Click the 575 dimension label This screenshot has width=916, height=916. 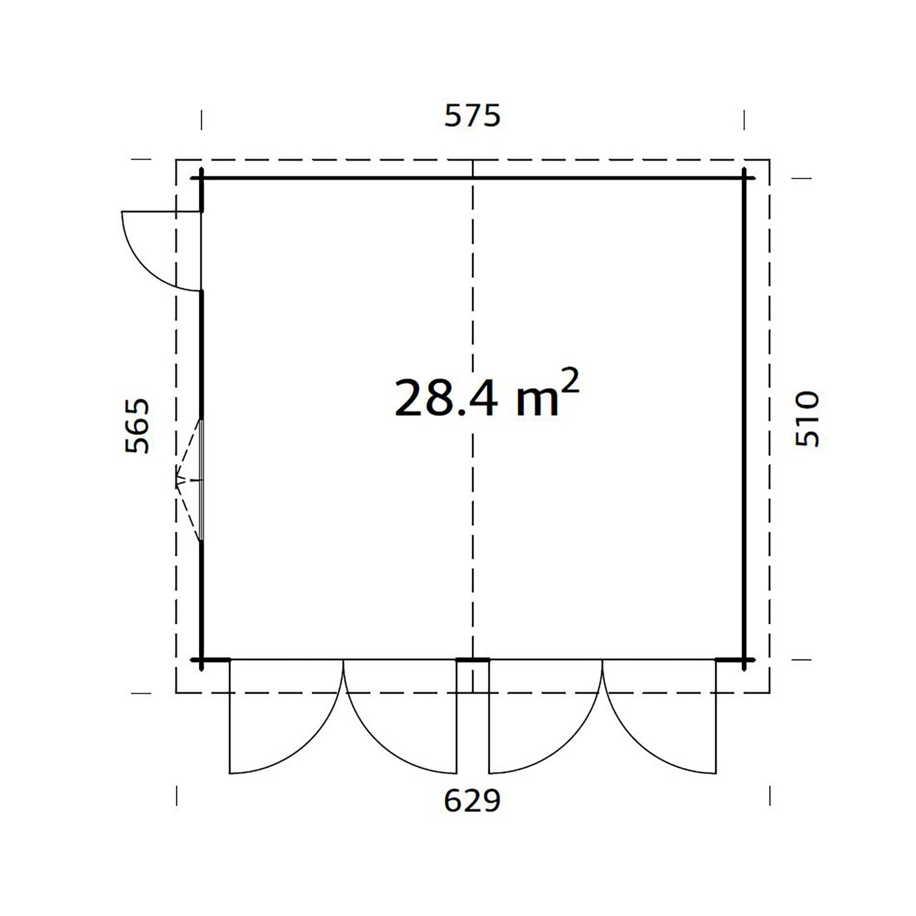pyautogui.click(x=472, y=115)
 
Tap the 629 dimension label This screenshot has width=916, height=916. pyautogui.click(x=472, y=801)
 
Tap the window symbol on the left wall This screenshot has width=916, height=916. pyautogui.click(x=190, y=481)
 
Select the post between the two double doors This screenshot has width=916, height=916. pyautogui.click(x=473, y=660)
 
